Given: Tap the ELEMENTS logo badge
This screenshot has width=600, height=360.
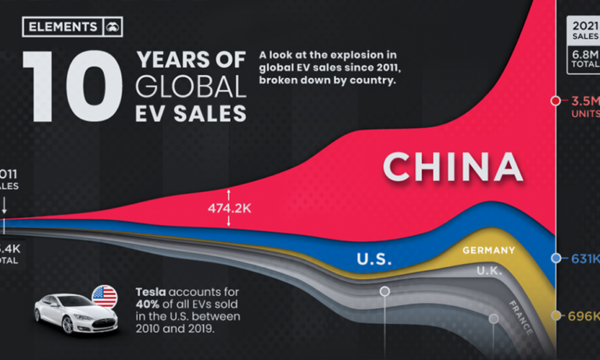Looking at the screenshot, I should point(73,27).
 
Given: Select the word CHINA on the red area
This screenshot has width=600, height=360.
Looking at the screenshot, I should point(452,167).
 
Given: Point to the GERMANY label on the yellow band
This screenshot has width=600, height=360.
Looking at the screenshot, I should point(488,250).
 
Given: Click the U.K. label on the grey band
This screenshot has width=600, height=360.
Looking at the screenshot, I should point(490,271).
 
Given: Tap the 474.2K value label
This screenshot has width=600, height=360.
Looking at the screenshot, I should point(229,209).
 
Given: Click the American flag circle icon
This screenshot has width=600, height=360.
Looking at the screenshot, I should point(104,296).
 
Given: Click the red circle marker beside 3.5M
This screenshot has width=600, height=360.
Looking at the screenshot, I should point(555,101).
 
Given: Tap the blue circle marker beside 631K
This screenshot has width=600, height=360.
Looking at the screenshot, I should point(555,258).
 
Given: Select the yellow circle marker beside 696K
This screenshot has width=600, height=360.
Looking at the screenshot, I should point(555,315).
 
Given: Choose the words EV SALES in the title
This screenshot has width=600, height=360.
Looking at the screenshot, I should point(191,112).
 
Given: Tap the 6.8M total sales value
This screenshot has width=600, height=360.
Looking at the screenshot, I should point(586,56).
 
